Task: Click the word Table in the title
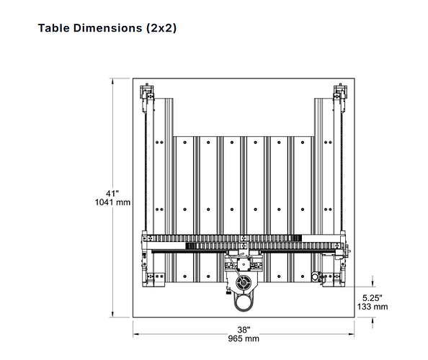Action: [x=54, y=28]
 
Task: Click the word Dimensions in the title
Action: [x=107, y=28]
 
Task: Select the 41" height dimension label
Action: [x=112, y=194]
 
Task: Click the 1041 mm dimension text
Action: [x=112, y=202]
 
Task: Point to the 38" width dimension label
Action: [x=244, y=330]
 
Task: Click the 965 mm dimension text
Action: [x=244, y=338]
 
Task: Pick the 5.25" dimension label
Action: [x=373, y=297]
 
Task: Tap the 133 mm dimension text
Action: [x=373, y=307]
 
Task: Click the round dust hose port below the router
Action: [x=244, y=303]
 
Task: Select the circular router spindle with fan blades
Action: [x=243, y=282]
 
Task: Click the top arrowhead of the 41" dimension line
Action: [x=112, y=81]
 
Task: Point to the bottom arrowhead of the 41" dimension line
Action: [x=112, y=314]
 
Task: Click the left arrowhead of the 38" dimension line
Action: [x=136, y=334]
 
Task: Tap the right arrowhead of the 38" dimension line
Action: [x=351, y=334]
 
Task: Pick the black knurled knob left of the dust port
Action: [x=228, y=293]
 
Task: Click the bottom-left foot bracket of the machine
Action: [x=153, y=279]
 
